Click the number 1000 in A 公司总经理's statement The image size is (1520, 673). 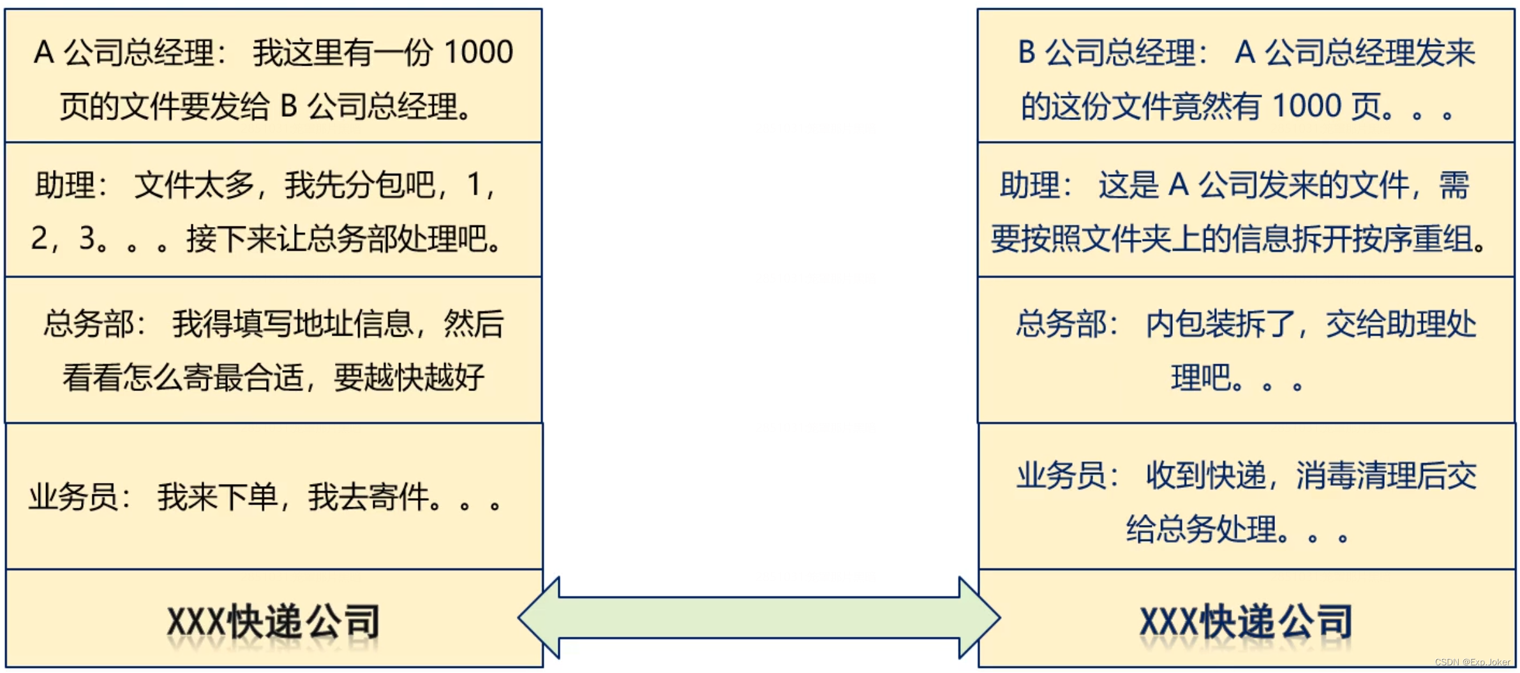[x=478, y=52]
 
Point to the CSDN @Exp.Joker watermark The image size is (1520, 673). [x=1472, y=662]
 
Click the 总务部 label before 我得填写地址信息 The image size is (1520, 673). [x=89, y=323]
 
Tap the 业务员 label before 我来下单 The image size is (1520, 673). [x=73, y=497]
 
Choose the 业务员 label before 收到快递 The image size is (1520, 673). [x=1062, y=475]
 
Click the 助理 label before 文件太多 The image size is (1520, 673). [x=65, y=185]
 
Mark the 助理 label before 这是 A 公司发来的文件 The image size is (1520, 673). [x=1030, y=185]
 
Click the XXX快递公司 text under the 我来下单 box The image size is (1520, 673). [x=273, y=621]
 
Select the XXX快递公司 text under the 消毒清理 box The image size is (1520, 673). [x=1246, y=621]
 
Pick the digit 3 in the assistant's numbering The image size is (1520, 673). [x=87, y=239]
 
